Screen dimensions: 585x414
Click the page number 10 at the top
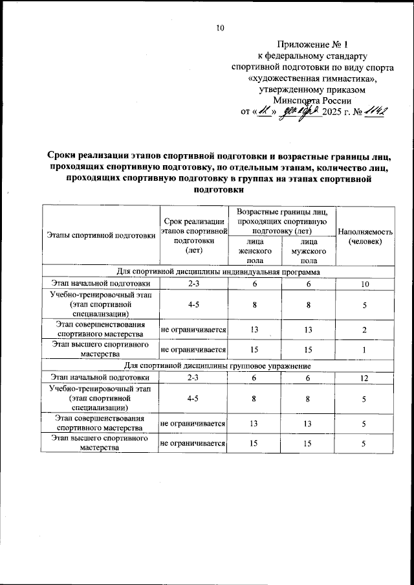tap(219, 28)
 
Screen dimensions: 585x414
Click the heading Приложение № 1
tap(312, 45)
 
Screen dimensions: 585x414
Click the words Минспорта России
tap(312, 100)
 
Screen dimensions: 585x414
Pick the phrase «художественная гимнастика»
tap(312, 78)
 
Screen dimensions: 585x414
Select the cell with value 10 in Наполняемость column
tap(364, 284)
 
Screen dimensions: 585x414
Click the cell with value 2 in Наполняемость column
tap(364, 330)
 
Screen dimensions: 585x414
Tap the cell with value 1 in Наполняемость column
tap(364, 350)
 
